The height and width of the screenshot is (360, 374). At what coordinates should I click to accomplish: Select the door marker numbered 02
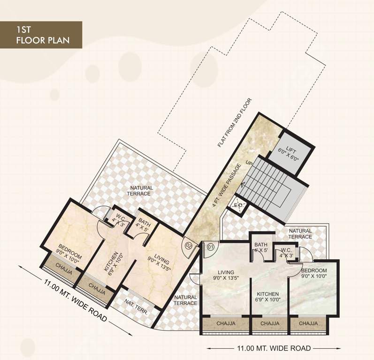click(189, 245)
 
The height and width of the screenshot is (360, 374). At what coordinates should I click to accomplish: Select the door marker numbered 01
click(210, 245)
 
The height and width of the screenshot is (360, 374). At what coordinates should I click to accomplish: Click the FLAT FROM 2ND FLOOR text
click(235, 123)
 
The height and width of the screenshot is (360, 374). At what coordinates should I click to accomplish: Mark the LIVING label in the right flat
click(226, 275)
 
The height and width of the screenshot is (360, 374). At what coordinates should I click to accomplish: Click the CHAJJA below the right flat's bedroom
click(307, 323)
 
